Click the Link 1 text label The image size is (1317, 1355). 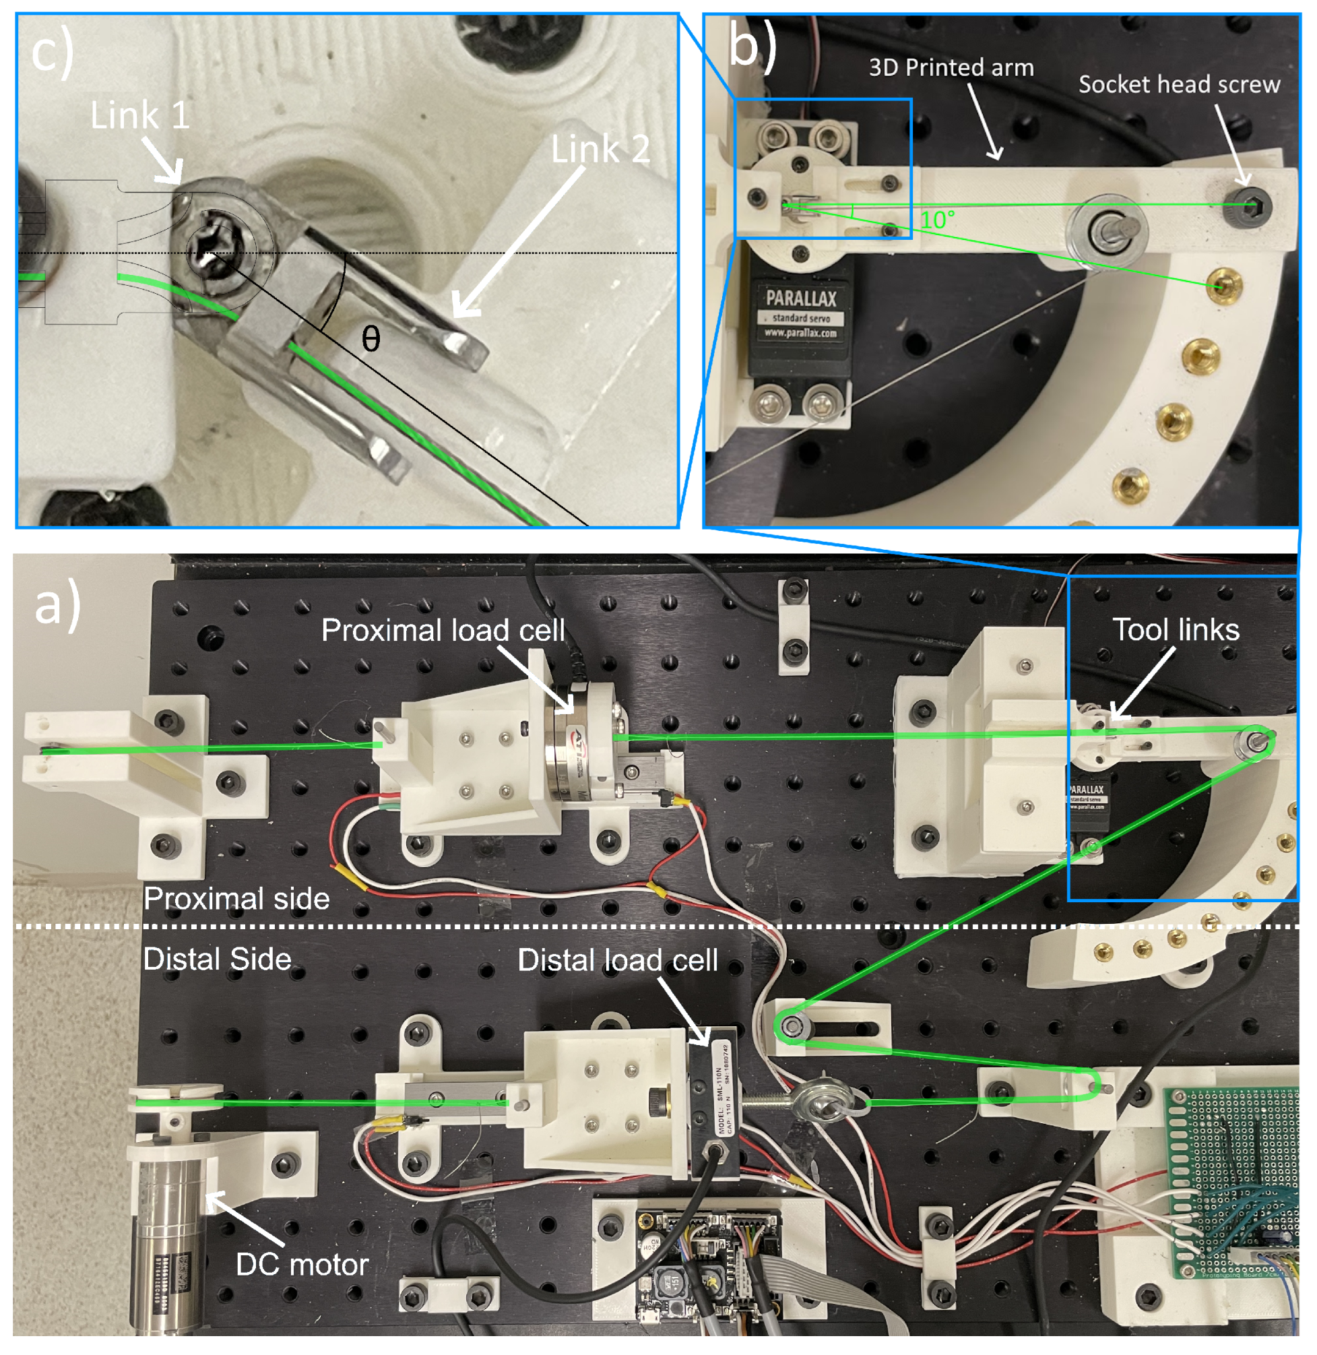click(139, 115)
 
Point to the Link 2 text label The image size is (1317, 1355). click(600, 150)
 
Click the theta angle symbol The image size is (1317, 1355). click(371, 339)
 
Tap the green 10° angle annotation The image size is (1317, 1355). click(937, 220)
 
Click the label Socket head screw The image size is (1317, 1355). click(1179, 84)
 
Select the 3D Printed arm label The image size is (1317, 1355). click(951, 68)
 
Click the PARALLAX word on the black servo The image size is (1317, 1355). click(801, 298)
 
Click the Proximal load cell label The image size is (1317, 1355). click(443, 630)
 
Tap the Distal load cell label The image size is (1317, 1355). click(617, 960)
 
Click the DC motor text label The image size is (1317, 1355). click(302, 1265)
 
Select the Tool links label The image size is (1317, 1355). click(1176, 630)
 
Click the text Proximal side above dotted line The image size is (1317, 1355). click(236, 898)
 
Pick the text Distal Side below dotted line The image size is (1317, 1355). click(216, 959)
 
